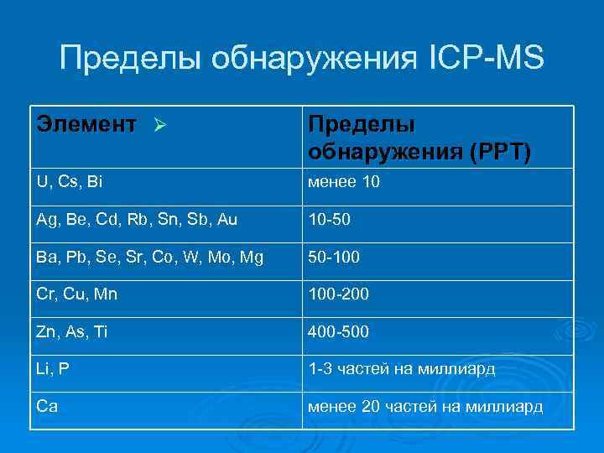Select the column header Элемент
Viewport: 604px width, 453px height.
click(85, 126)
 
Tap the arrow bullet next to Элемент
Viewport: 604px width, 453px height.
click(163, 127)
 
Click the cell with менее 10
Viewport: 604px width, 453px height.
click(345, 180)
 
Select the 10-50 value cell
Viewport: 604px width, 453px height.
click(330, 219)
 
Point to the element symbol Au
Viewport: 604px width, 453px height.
click(227, 219)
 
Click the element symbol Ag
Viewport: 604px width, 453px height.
click(46, 219)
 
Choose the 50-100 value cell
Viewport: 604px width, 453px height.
click(335, 258)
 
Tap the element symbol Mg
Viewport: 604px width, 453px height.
click(250, 258)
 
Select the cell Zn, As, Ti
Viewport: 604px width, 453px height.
click(71, 333)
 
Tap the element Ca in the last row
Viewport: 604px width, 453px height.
click(46, 407)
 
